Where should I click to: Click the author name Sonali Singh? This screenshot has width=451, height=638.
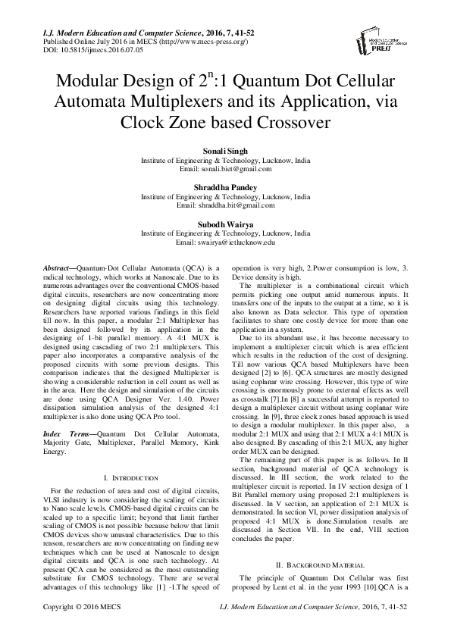click(225, 152)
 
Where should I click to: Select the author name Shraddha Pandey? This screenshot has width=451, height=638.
click(225, 187)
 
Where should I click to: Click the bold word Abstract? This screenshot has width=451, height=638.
click(54, 269)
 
